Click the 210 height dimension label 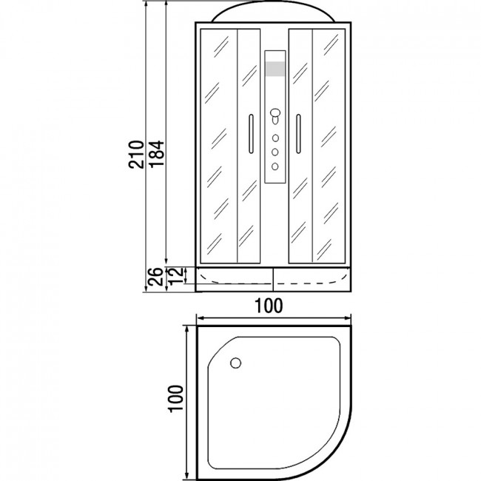136,155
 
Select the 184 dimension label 157,154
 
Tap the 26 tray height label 155,277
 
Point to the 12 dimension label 176,275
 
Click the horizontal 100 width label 269,306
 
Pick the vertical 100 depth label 175,398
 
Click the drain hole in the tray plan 235,363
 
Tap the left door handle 251,134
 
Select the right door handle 298,134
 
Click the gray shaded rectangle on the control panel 275,69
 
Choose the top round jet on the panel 275,138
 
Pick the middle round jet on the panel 275,152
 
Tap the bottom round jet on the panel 275,166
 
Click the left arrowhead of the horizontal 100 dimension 199,317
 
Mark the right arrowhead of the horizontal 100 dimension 348,317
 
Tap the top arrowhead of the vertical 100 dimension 186,329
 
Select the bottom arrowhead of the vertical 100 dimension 186,477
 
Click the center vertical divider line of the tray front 273,279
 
